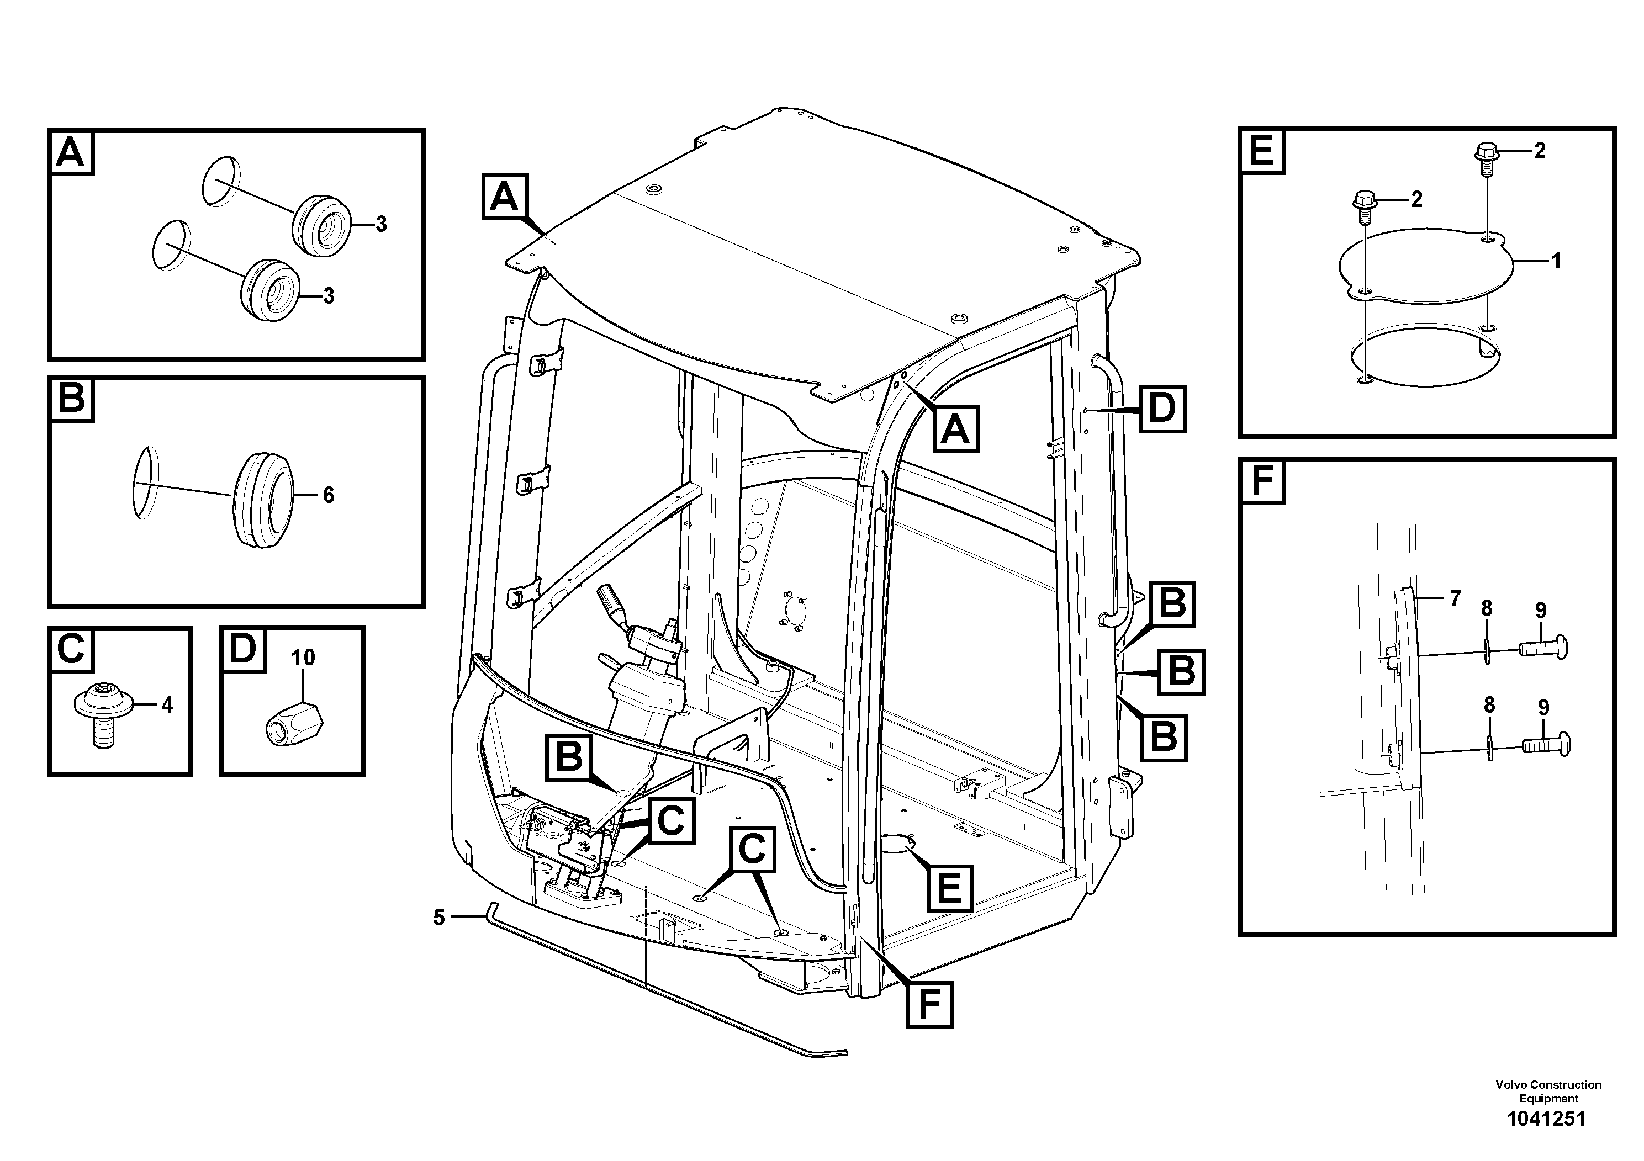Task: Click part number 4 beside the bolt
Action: [x=167, y=705]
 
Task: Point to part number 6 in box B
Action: [x=329, y=495]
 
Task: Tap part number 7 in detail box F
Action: [x=1455, y=598]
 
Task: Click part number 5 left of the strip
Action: [x=439, y=917]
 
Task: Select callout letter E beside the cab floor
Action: [x=949, y=888]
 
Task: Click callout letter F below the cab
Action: [x=929, y=1004]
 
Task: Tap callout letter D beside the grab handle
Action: [x=1162, y=409]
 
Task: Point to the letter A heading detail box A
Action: [x=71, y=152]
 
